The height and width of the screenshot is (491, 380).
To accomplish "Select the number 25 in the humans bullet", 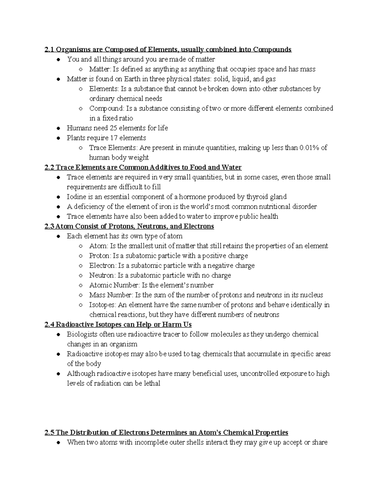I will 113,128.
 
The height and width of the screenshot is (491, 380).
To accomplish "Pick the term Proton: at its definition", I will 100,256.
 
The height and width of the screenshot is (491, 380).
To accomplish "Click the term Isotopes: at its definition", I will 103,305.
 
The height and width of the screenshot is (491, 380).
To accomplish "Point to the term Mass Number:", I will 111,295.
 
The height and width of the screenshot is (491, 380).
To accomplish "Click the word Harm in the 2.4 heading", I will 170,325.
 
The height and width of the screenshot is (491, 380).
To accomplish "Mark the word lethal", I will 152,384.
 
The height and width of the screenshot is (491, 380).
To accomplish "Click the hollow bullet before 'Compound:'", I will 81,108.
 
